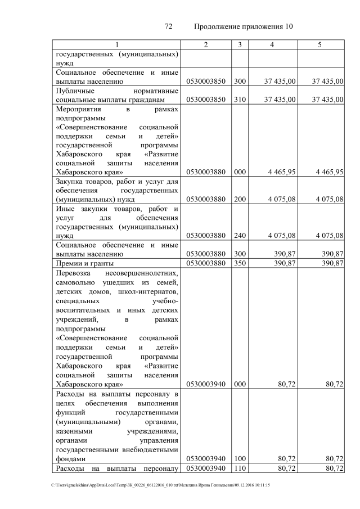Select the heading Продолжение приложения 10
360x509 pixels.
[x=244, y=26]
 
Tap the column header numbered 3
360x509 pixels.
[x=240, y=44]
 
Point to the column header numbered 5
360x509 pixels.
[x=320, y=44]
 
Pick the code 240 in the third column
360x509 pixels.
[x=240, y=236]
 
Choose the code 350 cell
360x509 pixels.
[x=240, y=263]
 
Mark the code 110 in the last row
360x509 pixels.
[x=240, y=468]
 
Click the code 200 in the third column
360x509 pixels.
[x=240, y=199]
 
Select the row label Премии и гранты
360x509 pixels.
[x=84, y=263]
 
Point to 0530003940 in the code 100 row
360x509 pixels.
[x=206, y=458]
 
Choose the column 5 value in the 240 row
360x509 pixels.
[x=329, y=236]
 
